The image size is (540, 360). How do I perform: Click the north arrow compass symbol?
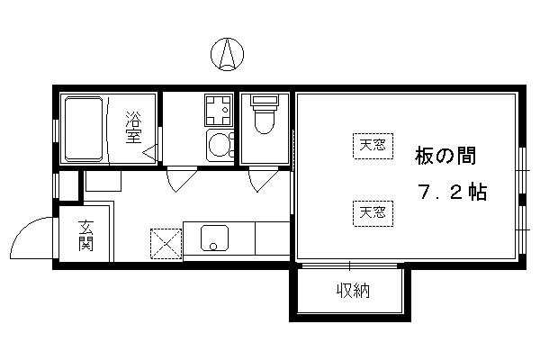228,54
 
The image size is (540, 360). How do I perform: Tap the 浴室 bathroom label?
133,127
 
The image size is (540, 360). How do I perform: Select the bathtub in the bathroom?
84,129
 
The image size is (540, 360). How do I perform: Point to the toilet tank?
265,100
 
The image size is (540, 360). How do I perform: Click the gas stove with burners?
219,110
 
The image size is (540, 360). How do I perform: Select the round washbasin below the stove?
220,146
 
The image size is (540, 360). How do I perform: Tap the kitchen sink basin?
214,238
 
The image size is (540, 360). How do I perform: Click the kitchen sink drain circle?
213,247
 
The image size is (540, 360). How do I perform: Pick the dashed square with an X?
166,244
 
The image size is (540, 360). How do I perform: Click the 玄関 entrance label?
85,236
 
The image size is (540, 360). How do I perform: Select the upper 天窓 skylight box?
373,146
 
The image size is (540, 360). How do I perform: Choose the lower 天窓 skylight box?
373,213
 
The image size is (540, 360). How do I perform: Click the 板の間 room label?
445,156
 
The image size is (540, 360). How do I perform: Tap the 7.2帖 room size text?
453,193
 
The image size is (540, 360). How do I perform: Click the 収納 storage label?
353,291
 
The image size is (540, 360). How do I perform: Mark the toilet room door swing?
263,179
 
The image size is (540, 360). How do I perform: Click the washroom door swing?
182,179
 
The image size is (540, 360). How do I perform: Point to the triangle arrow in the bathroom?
150,152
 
